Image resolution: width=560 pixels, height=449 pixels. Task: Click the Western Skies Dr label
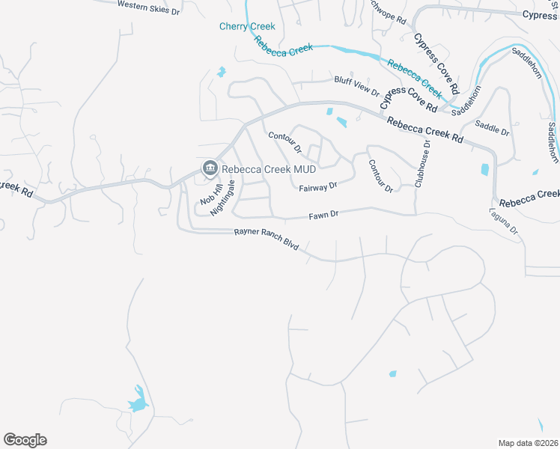(149, 8)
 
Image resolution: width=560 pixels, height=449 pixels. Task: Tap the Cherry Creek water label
(247, 26)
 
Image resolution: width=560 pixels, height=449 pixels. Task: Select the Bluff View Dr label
(357, 85)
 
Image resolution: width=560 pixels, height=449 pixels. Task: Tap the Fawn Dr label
(324, 215)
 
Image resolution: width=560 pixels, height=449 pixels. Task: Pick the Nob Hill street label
(207, 194)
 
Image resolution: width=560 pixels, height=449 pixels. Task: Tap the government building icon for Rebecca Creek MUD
(210, 168)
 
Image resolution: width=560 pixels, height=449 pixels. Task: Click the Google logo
(25, 440)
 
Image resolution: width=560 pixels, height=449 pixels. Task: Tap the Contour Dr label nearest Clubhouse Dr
(380, 176)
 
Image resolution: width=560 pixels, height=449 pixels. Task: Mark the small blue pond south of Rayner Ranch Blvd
(392, 373)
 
